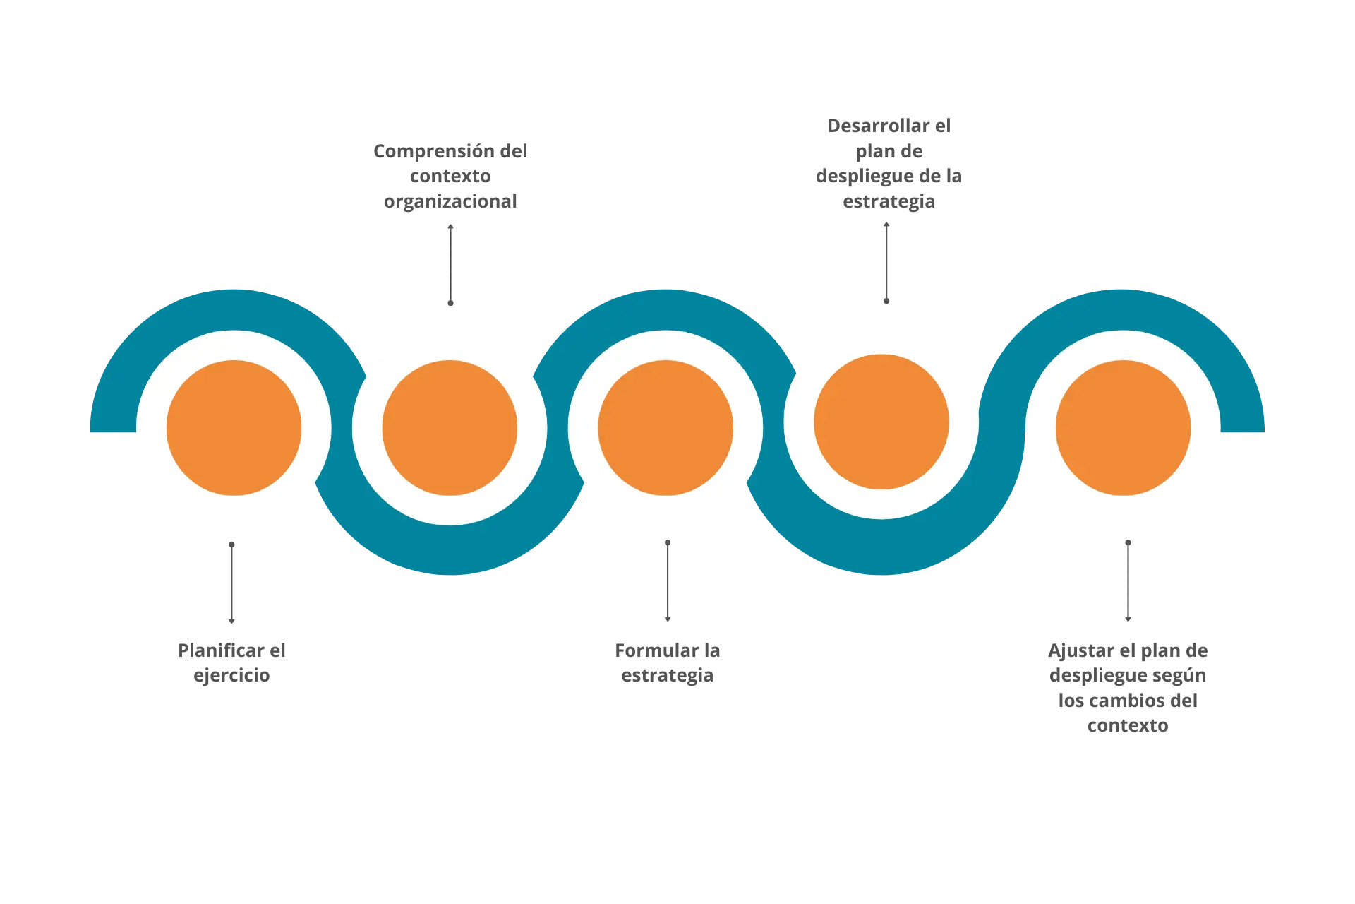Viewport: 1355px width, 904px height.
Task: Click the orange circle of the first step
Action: [234, 428]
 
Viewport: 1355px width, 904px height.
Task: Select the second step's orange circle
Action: [450, 428]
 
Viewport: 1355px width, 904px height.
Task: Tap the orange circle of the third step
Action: [666, 428]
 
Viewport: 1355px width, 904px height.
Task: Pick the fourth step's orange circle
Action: [881, 422]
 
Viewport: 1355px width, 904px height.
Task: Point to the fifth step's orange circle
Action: [1123, 428]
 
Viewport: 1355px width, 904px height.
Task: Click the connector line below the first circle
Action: [231, 581]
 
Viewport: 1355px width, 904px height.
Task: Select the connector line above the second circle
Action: [450, 266]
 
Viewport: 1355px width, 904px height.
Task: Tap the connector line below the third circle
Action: [667, 578]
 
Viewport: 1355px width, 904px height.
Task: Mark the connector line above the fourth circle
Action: [886, 263]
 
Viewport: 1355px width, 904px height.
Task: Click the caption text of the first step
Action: [231, 662]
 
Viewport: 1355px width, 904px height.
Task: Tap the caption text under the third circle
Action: [668, 662]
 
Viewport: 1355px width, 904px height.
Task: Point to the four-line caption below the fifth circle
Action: [1126, 687]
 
